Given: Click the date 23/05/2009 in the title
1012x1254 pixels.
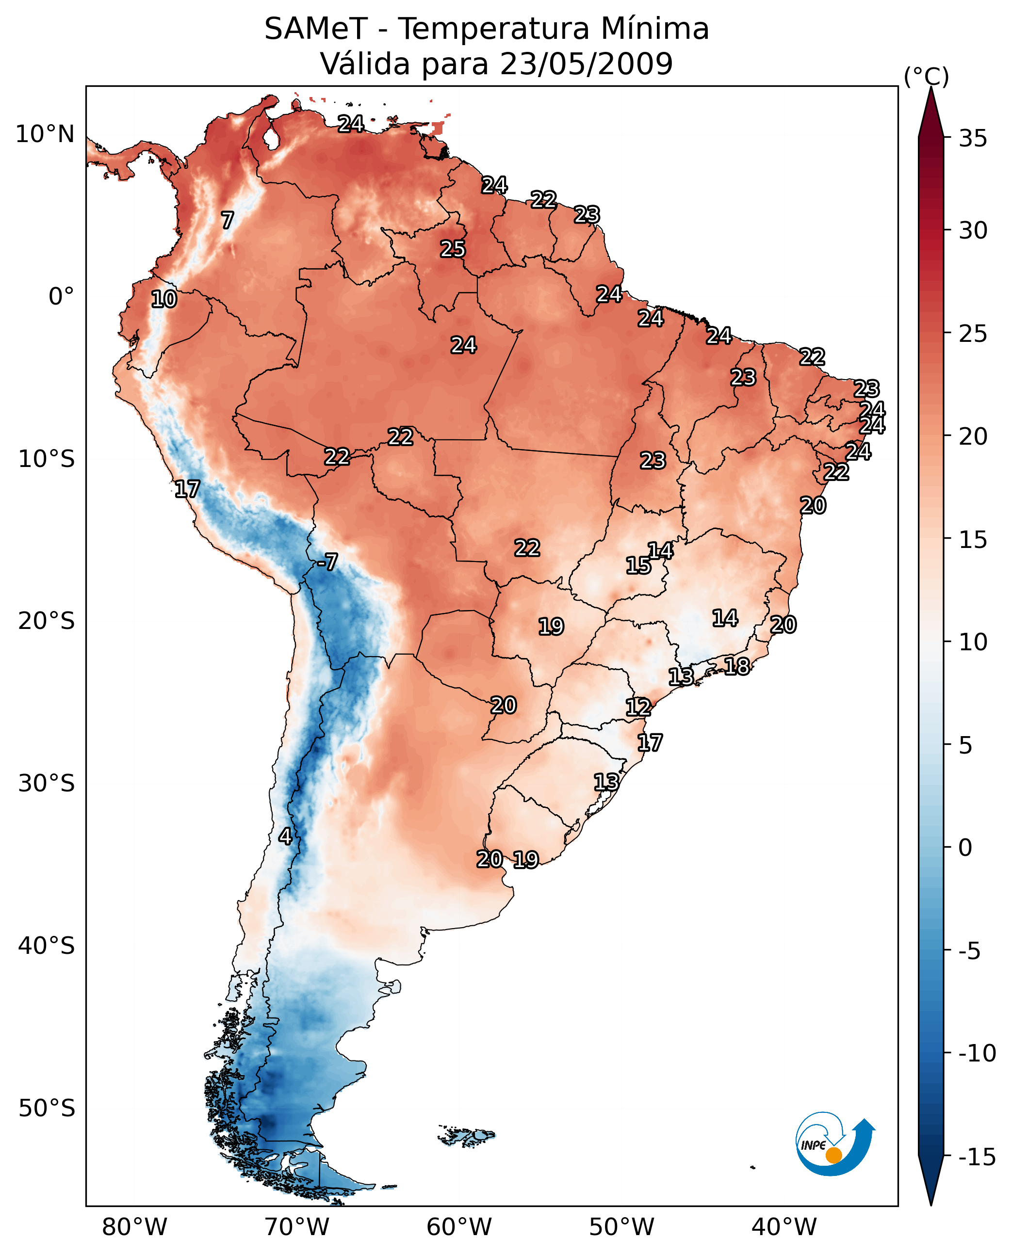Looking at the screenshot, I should tap(586, 64).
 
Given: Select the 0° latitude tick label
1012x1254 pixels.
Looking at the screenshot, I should tap(61, 297).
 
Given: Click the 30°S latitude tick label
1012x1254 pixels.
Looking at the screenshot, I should tap(46, 783).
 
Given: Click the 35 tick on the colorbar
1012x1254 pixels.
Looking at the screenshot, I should tap(973, 139).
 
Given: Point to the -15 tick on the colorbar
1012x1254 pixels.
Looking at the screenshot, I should tap(977, 1157).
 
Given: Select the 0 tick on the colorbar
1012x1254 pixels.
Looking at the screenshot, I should tap(965, 847).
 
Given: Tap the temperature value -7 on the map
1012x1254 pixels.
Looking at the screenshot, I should tap(327, 562).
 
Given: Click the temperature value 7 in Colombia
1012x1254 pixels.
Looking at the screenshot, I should tap(228, 220).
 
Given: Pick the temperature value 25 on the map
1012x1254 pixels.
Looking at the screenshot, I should tap(452, 249).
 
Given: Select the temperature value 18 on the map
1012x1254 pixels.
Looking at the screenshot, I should tap(737, 666).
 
